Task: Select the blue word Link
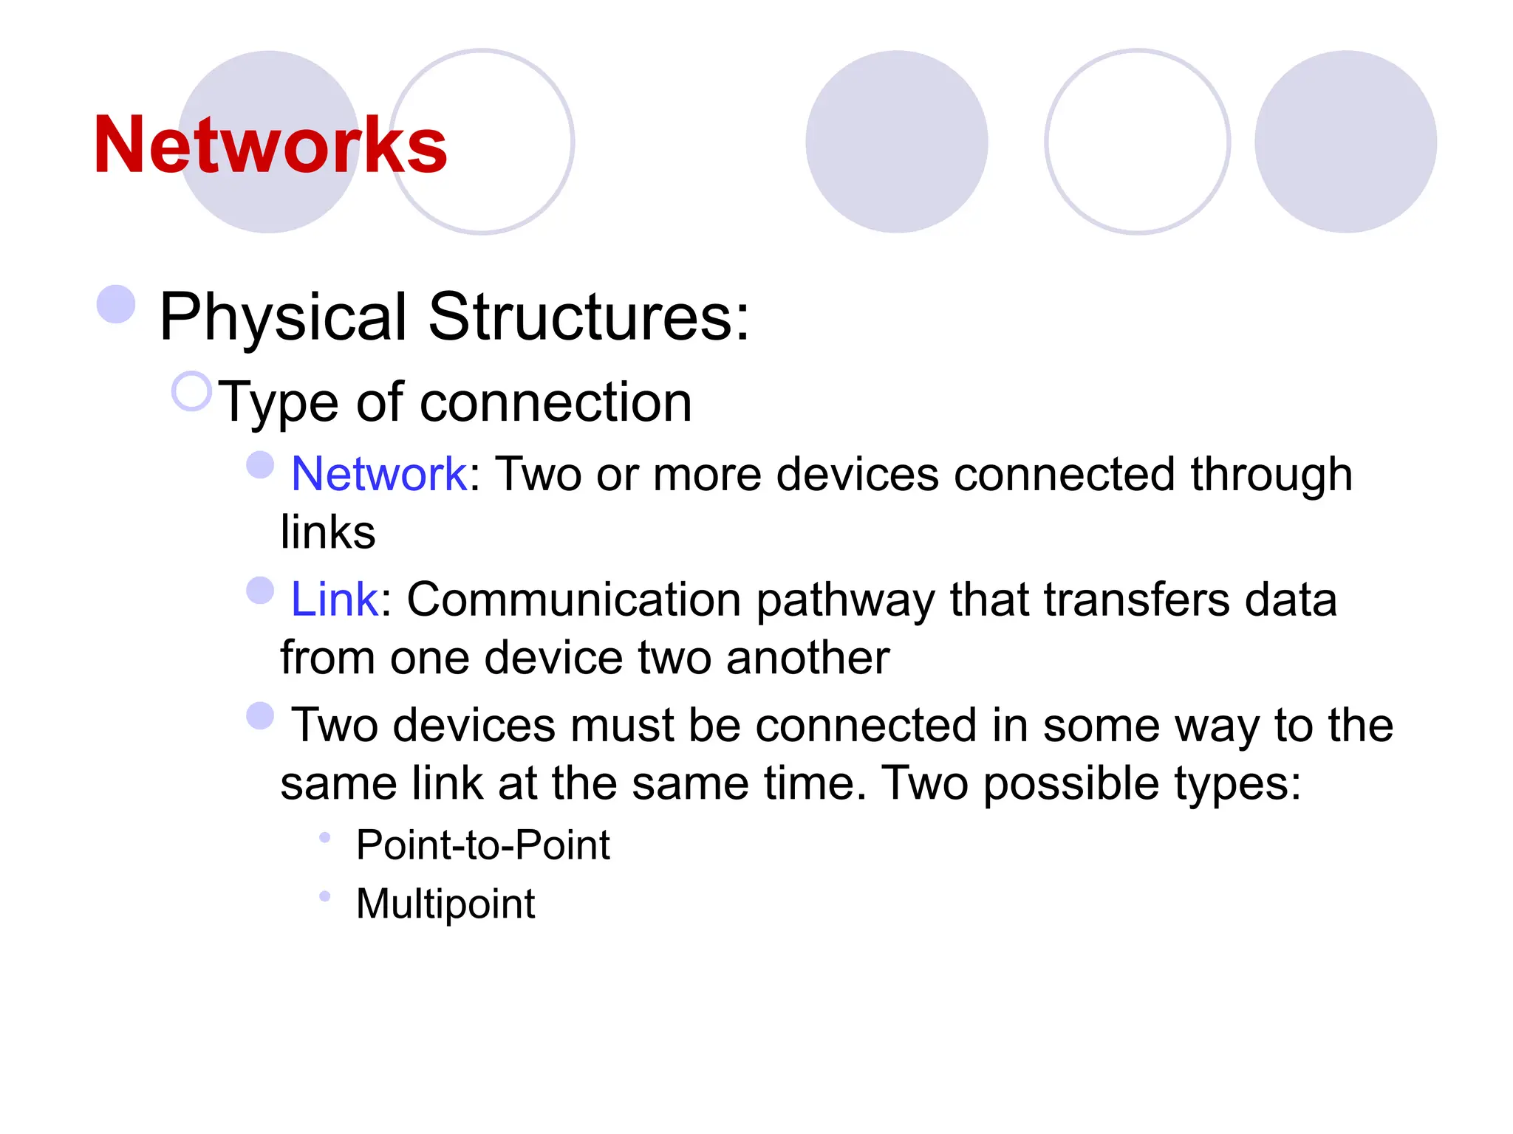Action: pyautogui.click(x=335, y=599)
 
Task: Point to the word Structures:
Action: pyautogui.click(x=589, y=317)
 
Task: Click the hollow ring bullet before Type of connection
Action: pyautogui.click(x=191, y=391)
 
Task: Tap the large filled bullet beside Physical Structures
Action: pyautogui.click(x=116, y=304)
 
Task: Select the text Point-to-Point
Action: pyautogui.click(x=482, y=845)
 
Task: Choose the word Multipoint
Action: pyautogui.click(x=445, y=904)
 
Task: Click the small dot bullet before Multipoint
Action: pyautogui.click(x=324, y=896)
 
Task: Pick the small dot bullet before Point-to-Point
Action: pyautogui.click(x=324, y=837)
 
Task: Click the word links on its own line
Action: pyautogui.click(x=328, y=532)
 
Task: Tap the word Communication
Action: pyautogui.click(x=574, y=599)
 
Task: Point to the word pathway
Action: pyautogui.click(x=846, y=600)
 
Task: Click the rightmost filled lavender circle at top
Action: pyautogui.click(x=1345, y=142)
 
